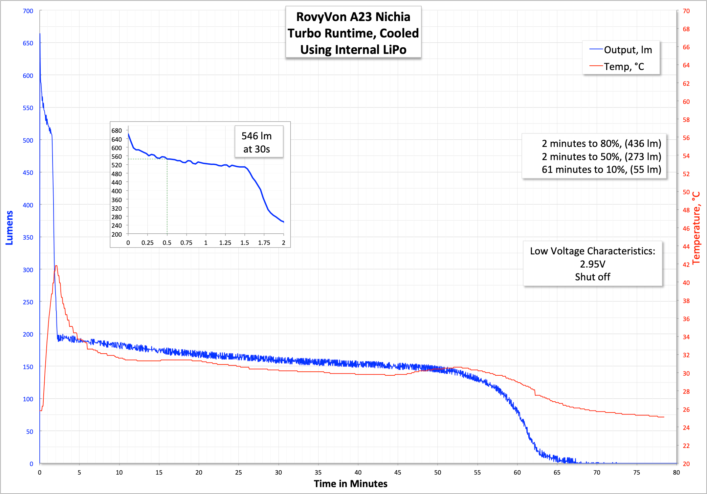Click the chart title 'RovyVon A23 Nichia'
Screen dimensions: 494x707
point(353,17)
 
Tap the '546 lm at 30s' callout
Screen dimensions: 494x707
point(256,142)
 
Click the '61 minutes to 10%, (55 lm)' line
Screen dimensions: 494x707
point(601,170)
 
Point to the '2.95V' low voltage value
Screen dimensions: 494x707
point(592,264)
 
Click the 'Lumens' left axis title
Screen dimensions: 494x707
point(10,228)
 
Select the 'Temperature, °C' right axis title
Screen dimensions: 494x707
point(697,228)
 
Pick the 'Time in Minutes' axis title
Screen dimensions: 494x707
point(350,484)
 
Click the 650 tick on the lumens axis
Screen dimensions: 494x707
point(28,43)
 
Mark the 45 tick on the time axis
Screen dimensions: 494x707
point(398,473)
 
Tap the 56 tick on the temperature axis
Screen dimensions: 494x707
point(686,138)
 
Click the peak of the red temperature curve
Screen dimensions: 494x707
point(56,266)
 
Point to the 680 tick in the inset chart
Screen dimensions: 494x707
point(117,131)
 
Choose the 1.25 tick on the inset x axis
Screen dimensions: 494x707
point(225,243)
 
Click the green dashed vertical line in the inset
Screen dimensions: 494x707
point(167,197)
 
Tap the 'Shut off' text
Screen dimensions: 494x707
point(592,277)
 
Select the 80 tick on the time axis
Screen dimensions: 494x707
point(676,473)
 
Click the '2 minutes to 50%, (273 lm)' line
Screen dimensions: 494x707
point(601,157)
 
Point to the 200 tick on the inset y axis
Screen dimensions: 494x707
point(117,234)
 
